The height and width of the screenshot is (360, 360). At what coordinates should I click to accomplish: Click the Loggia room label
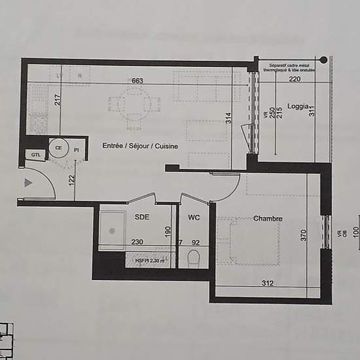click(x=298, y=107)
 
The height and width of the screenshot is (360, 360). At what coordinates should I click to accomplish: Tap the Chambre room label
click(x=268, y=219)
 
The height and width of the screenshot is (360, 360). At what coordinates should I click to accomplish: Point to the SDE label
click(x=142, y=217)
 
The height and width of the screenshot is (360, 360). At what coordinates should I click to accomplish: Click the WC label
click(x=194, y=217)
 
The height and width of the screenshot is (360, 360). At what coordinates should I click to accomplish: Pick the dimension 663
click(x=137, y=81)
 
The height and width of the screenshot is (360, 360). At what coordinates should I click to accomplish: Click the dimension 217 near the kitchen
click(x=57, y=100)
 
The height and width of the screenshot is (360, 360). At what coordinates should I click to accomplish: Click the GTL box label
click(x=35, y=154)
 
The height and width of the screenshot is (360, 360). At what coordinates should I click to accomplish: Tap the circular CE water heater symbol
click(x=59, y=148)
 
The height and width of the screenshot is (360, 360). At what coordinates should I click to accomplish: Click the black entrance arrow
click(x=27, y=183)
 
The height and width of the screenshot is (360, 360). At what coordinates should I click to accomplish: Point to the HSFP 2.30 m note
click(x=147, y=260)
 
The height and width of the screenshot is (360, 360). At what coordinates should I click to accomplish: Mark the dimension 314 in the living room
click(x=229, y=118)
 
